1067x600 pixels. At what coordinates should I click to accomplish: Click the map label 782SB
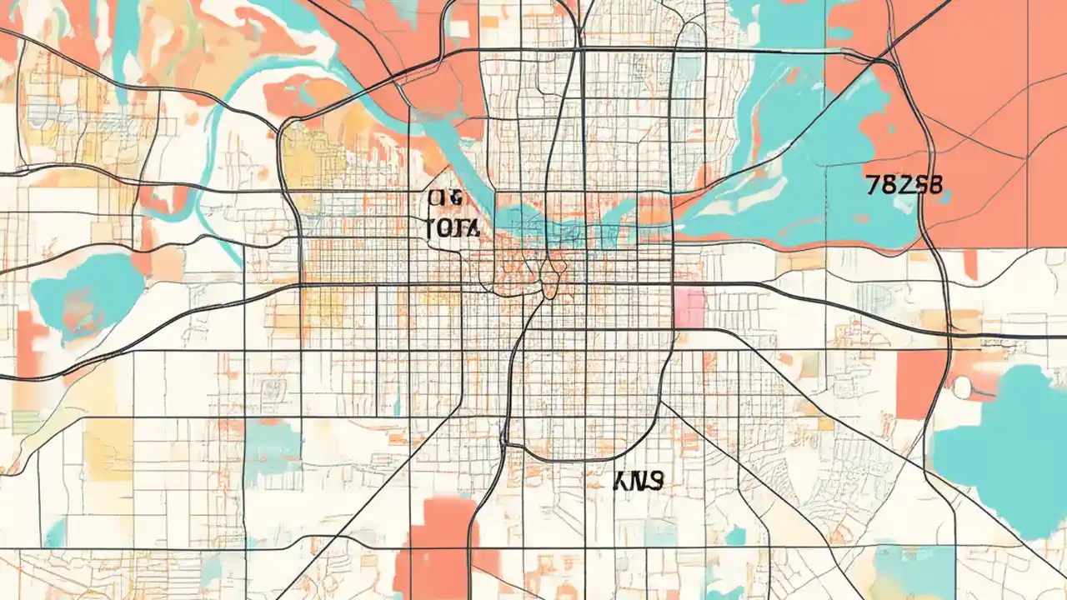click(x=904, y=184)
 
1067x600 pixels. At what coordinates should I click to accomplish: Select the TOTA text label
click(x=451, y=227)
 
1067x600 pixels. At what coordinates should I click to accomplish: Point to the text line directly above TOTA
click(x=445, y=198)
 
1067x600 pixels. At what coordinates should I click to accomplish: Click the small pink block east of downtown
click(x=689, y=307)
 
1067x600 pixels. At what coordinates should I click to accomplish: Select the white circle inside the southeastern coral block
click(x=963, y=387)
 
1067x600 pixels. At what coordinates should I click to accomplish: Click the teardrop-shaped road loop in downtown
click(x=549, y=279)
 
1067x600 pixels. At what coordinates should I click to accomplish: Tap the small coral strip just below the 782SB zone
click(x=969, y=262)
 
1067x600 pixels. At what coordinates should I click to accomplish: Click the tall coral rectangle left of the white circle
click(x=921, y=383)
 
